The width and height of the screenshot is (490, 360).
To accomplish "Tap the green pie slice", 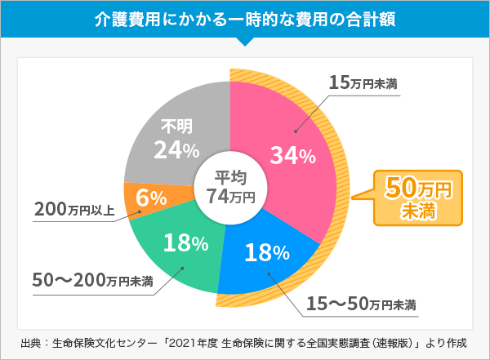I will (x=176, y=245).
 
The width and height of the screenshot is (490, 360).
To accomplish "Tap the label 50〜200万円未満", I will (x=92, y=281).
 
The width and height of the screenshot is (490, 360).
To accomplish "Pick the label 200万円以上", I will (x=74, y=210).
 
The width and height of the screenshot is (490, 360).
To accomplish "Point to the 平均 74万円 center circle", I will (x=230, y=187).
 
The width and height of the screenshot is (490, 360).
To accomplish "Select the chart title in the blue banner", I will (x=245, y=19).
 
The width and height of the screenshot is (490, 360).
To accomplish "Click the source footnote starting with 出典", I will (x=245, y=341).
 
